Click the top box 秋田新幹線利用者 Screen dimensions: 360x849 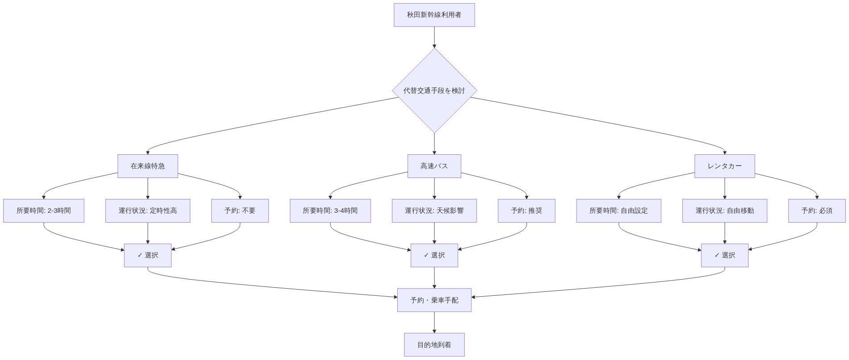coord(434,15)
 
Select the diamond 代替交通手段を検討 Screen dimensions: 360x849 coord(434,91)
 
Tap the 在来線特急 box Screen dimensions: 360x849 coord(148,166)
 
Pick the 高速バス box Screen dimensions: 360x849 coord(434,166)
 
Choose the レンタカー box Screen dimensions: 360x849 coord(724,166)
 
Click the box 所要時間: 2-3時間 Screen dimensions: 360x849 coord(44,211)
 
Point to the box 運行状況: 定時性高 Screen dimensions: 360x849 coord(148,211)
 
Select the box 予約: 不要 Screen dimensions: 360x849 coord(240,211)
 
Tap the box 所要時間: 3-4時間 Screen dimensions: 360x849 coord(330,211)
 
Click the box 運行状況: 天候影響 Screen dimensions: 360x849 coord(434,211)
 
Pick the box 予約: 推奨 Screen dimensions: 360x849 coord(526,211)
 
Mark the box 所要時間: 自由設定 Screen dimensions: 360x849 coord(618,211)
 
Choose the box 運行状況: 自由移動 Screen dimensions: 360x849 coord(724,211)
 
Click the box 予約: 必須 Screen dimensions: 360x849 coord(816,211)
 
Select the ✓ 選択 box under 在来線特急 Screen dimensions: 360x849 coord(148,255)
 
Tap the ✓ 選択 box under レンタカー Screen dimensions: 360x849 coord(724,255)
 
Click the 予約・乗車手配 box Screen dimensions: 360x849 coord(434,300)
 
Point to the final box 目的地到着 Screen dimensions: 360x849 coord(434,345)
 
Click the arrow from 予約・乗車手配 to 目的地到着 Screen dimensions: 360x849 coord(434,322)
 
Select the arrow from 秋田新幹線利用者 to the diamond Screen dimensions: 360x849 coord(434,37)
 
